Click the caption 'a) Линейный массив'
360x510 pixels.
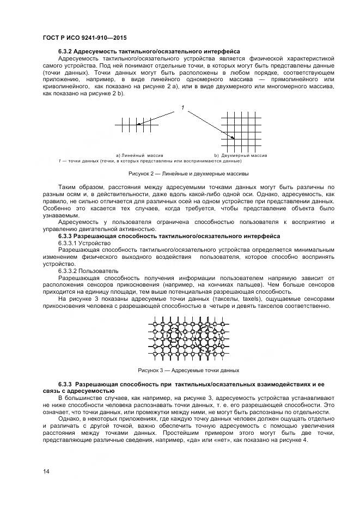tap(139, 155)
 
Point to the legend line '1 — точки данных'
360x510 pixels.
tap(150, 161)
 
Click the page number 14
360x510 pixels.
tap(46, 470)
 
